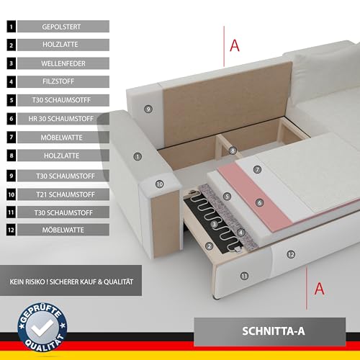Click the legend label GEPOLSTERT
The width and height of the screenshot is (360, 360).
[61, 27]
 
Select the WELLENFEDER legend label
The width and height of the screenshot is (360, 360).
[63, 63]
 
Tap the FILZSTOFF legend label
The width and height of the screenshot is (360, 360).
[58, 81]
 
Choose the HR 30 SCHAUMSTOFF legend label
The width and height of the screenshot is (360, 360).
[61, 119]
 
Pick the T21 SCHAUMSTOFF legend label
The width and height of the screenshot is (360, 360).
[66, 194]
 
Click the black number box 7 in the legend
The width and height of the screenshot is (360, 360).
[12, 138]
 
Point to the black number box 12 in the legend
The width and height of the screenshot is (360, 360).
[12, 230]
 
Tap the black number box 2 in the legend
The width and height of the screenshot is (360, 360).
[12, 45]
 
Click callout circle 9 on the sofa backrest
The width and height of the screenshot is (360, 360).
[148, 109]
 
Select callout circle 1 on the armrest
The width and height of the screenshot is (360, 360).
[138, 157]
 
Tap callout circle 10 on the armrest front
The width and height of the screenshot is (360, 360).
[160, 184]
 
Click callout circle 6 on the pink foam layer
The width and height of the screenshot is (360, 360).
[259, 203]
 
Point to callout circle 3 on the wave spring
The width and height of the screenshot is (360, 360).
[215, 225]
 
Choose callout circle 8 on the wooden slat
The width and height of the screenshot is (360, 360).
[233, 150]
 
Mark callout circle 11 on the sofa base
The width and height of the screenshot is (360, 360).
[244, 276]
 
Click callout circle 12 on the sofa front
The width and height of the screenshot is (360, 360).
[291, 254]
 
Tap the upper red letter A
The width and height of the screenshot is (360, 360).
[235, 45]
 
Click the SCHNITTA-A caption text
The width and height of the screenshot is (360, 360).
[274, 331]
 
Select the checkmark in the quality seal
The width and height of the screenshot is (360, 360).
[42, 328]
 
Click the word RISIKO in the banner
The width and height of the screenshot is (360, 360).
[35, 282]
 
